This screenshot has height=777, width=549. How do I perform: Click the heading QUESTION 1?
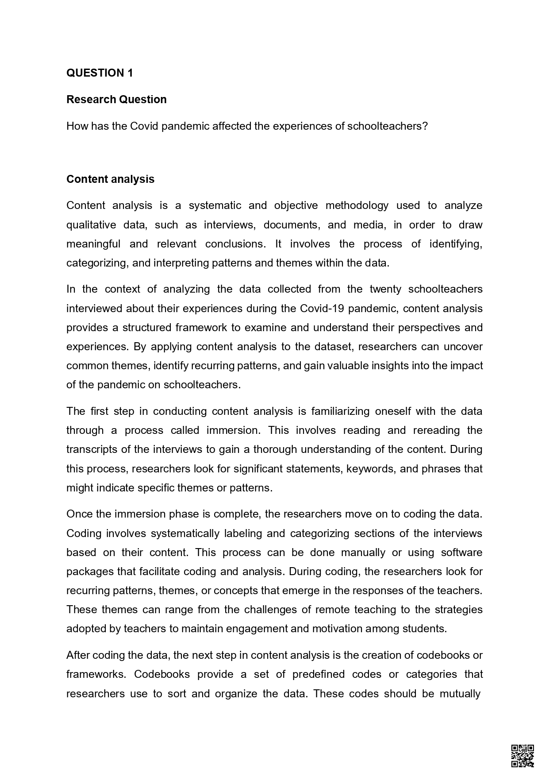click(100, 73)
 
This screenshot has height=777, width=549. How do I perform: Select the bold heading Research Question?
click(116, 100)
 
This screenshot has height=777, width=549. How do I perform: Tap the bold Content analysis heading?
click(110, 179)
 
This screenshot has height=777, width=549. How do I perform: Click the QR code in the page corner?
click(522, 755)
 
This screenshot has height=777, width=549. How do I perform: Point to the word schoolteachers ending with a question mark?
click(387, 126)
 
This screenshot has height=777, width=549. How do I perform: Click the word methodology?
click(357, 205)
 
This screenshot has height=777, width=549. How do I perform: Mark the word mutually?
click(460, 693)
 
